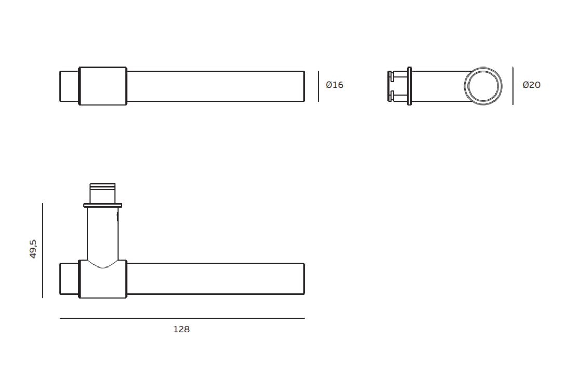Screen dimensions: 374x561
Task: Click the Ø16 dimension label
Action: (x=335, y=85)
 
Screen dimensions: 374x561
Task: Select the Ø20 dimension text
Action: (x=531, y=85)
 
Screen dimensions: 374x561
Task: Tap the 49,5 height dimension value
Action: (x=33, y=249)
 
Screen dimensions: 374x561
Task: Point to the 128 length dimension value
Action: (x=181, y=329)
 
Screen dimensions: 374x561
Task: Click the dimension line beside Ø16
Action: (x=318, y=86)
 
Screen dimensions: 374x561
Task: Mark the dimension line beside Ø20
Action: (x=513, y=86)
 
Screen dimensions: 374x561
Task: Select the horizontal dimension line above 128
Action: (x=182, y=318)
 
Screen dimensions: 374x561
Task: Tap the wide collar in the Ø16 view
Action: (x=103, y=86)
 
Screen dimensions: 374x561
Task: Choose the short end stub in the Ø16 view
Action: (x=69, y=86)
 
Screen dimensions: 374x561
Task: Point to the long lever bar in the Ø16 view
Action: (x=216, y=86)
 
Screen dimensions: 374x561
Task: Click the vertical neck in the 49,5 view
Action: (x=102, y=234)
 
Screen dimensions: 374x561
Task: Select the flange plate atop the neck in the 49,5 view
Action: (x=102, y=205)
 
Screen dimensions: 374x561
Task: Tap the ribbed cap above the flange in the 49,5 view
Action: (x=102, y=192)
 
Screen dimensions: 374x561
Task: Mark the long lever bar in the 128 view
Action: (x=216, y=279)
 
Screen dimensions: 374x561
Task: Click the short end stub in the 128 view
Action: (x=69, y=279)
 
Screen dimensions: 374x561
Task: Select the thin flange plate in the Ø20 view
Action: (x=409, y=86)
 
